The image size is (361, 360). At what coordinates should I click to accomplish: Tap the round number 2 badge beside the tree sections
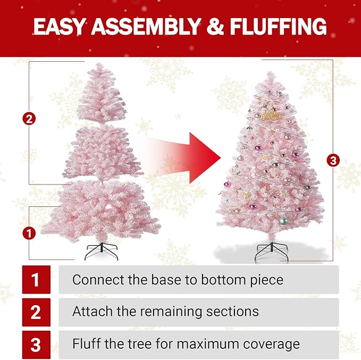(x=30, y=119)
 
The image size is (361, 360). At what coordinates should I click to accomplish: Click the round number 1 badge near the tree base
(x=30, y=232)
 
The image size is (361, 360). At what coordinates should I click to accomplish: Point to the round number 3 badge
(x=333, y=160)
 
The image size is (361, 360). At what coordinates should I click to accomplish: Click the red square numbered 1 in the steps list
(x=36, y=280)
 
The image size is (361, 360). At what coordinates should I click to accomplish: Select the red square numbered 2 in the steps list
(x=36, y=312)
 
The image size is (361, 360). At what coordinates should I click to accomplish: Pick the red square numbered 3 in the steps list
(x=36, y=345)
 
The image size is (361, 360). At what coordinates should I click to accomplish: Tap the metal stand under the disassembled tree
(x=102, y=251)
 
